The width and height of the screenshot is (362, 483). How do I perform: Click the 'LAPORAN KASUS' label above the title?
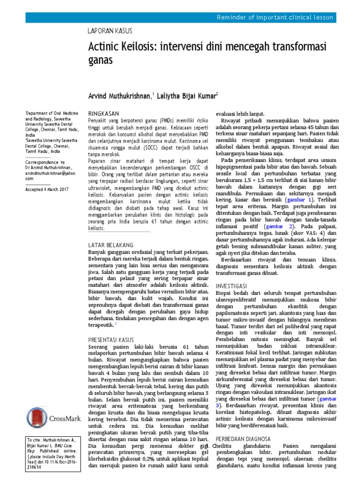[x=110, y=31]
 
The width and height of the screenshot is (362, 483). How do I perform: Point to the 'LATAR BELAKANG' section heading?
[x=111, y=245]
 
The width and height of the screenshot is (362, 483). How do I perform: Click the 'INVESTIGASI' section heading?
[x=232, y=287]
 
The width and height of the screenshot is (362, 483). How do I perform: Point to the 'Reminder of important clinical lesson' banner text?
[x=275, y=17]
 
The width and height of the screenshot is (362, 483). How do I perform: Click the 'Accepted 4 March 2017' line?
[x=47, y=189]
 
